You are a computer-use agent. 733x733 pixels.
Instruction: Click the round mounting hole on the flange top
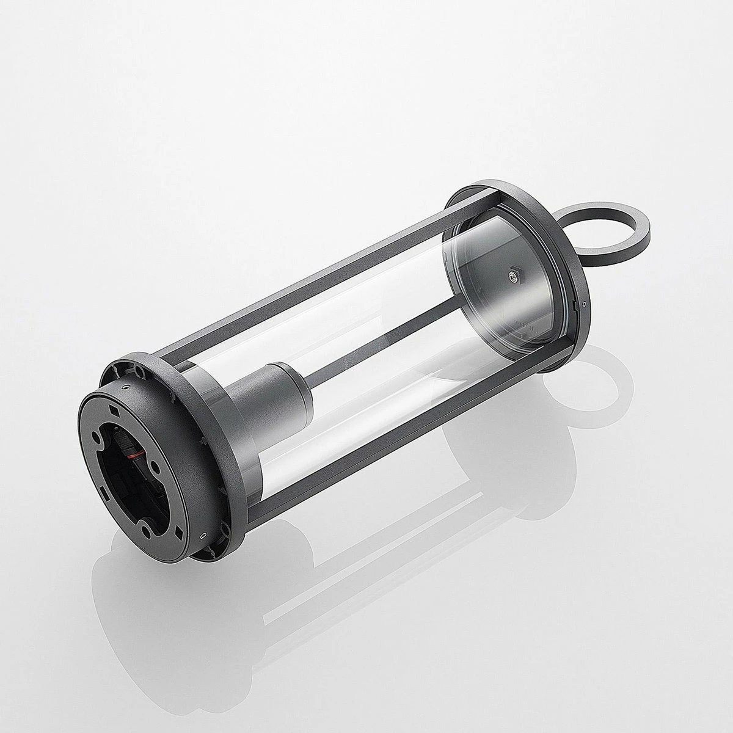click(x=139, y=370)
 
